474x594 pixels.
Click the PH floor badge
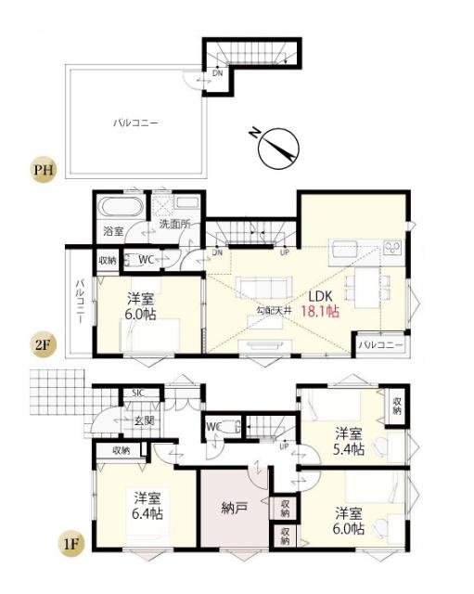(x=41, y=170)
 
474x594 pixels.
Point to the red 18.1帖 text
(x=320, y=313)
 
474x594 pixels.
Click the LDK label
(x=319, y=296)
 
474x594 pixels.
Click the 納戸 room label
(x=236, y=510)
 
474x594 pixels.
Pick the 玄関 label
(x=145, y=420)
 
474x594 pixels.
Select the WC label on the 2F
(x=146, y=261)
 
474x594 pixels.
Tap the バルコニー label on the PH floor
(x=136, y=121)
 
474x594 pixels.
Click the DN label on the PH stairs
(x=217, y=72)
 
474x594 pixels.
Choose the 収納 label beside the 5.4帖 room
(x=397, y=405)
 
